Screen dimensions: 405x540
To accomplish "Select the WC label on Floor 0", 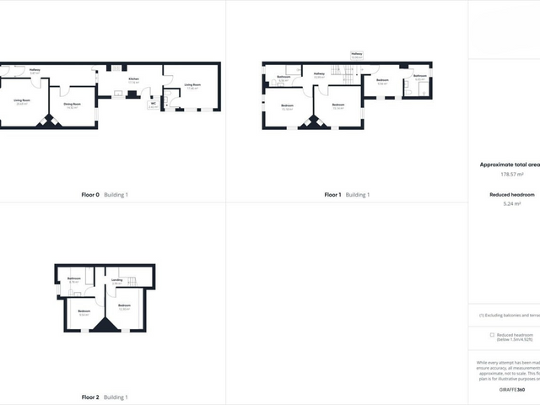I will pyautogui.click(x=153, y=105).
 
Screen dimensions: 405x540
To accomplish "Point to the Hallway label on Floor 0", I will pyautogui.click(x=35, y=72).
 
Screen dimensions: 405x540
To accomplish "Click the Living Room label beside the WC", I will pyautogui.click(x=192, y=86).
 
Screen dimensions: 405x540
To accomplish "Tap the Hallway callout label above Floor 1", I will pyautogui.click(x=356, y=55).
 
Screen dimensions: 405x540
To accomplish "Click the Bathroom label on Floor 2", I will pyautogui.click(x=74, y=279).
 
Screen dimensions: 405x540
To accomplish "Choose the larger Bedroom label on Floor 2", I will pyautogui.click(x=124, y=306).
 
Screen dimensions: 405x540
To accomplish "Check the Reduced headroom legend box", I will pyautogui.click(x=492, y=334).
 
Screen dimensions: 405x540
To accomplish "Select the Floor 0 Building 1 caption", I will pyautogui.click(x=105, y=195).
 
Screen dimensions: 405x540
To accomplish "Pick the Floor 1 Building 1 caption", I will pyautogui.click(x=346, y=195).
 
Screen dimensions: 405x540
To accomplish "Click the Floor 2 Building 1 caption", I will pyautogui.click(x=105, y=397).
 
